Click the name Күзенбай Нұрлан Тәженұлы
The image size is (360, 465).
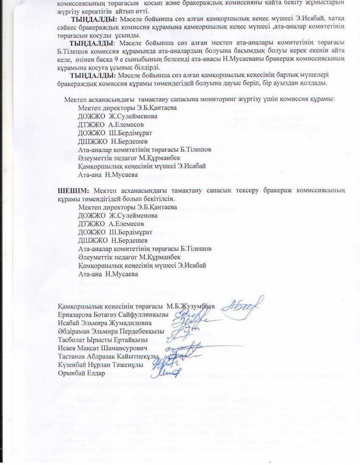(x=100, y=365)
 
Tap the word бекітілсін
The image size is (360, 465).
(x=160, y=199)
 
